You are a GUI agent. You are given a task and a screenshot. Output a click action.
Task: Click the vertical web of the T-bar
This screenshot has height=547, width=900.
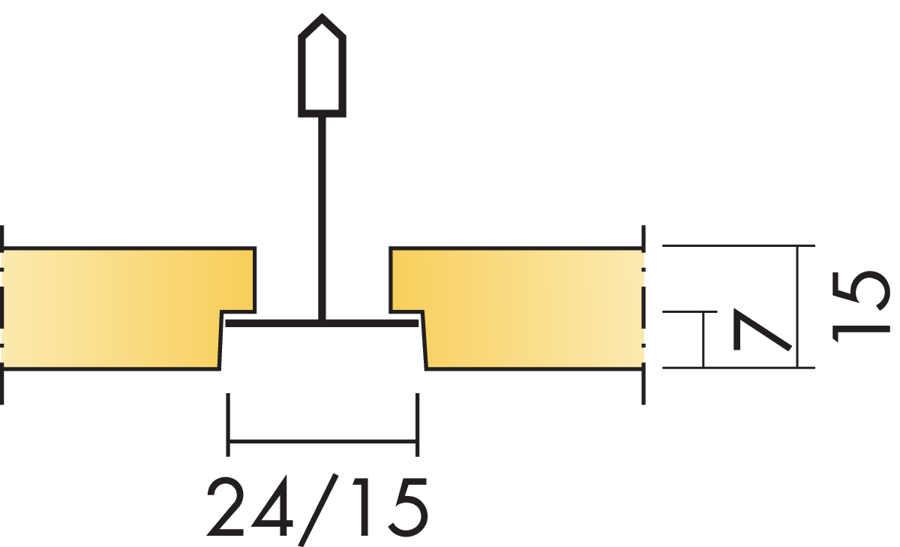pos(322,218)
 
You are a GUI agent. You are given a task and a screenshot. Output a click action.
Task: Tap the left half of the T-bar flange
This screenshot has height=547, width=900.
pos(272,323)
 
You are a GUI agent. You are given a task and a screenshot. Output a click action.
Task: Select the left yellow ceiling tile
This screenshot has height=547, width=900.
pos(121,308)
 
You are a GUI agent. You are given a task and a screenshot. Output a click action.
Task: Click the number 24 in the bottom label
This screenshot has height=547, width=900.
pos(250,506)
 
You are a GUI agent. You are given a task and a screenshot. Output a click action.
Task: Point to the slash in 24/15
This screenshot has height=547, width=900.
pos(318,509)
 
